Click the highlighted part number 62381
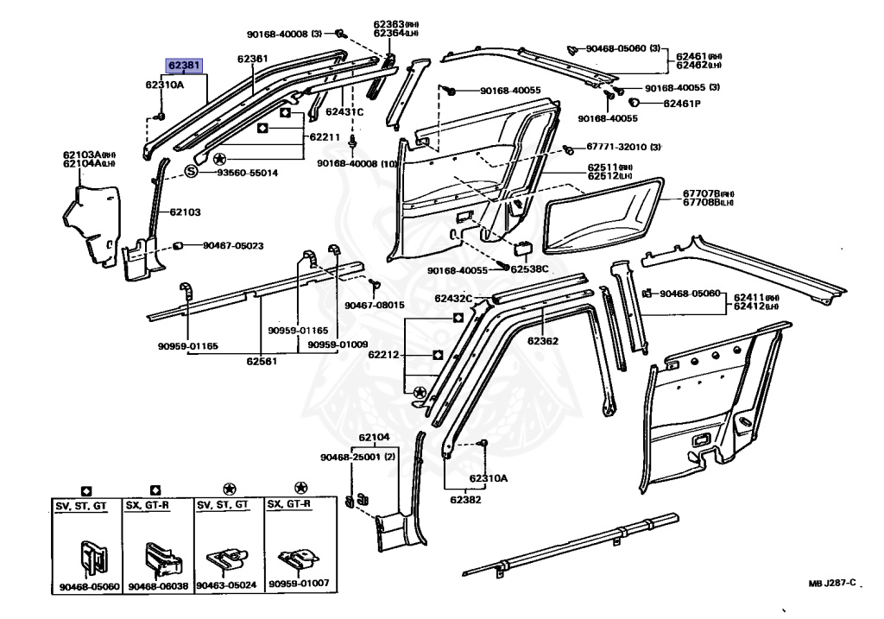(185, 65)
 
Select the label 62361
(253, 60)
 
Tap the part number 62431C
(344, 111)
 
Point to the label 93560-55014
(247, 173)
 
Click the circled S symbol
(192, 173)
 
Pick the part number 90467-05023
(233, 246)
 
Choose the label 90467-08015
(375, 305)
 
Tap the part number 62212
(384, 354)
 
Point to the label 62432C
(453, 298)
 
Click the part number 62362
(543, 341)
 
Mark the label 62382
(466, 499)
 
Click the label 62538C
(529, 268)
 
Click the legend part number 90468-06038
(157, 586)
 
